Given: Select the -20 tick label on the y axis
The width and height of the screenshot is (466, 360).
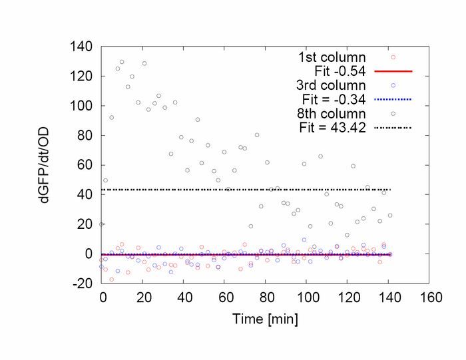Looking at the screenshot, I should [x=83, y=283].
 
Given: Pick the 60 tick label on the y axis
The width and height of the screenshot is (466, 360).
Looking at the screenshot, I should [x=85, y=165].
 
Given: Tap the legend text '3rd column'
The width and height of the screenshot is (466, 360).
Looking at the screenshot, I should [x=330, y=85].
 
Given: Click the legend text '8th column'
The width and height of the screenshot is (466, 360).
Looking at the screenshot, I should [x=330, y=113].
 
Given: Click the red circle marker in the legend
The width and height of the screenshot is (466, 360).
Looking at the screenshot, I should [x=393, y=57].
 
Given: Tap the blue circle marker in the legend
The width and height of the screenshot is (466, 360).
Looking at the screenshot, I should [x=393, y=85].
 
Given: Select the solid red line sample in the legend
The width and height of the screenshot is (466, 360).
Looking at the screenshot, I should [x=393, y=71].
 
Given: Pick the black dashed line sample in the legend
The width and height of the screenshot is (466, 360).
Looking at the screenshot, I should [x=393, y=127].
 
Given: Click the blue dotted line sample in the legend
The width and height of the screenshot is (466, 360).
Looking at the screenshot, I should [x=393, y=99].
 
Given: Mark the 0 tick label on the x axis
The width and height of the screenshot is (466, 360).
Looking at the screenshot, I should [x=102, y=296].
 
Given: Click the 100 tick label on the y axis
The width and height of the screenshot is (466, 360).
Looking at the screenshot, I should [x=82, y=106].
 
